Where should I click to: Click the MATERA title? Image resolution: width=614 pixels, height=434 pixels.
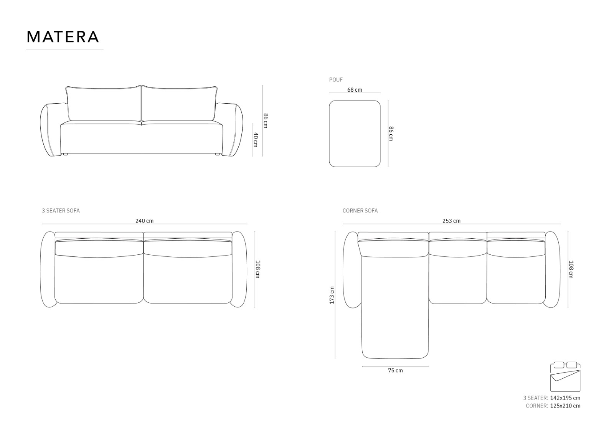pyautogui.click(x=63, y=37)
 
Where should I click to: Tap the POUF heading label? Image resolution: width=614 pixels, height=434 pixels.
pyautogui.click(x=336, y=80)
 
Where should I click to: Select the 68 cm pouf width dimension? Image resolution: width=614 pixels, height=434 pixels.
pyautogui.click(x=355, y=90)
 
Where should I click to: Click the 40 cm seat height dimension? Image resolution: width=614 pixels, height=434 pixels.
pyautogui.click(x=256, y=140)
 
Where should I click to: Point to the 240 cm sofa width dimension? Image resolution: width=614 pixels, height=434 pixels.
pyautogui.click(x=144, y=221)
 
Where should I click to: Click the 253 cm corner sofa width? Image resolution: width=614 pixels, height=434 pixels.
pyautogui.click(x=451, y=221)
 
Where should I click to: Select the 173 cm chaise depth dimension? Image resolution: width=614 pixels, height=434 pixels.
pyautogui.click(x=332, y=295)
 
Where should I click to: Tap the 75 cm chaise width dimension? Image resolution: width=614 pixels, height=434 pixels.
pyautogui.click(x=396, y=370)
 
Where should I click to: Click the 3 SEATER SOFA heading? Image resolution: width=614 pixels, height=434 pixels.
pyautogui.click(x=61, y=211)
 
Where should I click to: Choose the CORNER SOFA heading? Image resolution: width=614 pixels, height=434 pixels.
pyautogui.click(x=360, y=211)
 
